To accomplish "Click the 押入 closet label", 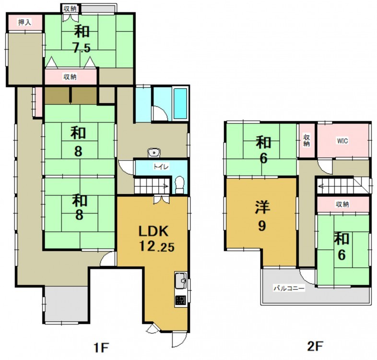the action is click(x=25, y=23).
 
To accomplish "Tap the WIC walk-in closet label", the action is click(x=342, y=141).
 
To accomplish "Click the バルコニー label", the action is click(x=289, y=288).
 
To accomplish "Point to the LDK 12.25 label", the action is click(x=156, y=239).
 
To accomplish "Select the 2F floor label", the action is click(x=314, y=347).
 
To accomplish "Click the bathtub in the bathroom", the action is click(x=180, y=104).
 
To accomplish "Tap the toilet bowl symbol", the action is click(x=179, y=185).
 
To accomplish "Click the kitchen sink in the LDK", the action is click(x=180, y=280).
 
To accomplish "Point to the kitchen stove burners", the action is click(x=180, y=301).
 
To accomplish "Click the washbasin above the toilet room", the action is click(x=153, y=153).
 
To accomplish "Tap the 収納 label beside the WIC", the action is click(x=306, y=140).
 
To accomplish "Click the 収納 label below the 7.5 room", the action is click(x=70, y=77).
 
